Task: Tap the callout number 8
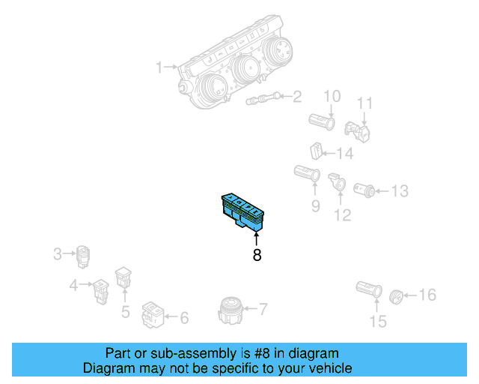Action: click(x=257, y=255)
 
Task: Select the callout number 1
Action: click(x=159, y=68)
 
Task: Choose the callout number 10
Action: click(x=331, y=96)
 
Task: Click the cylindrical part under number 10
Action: click(x=323, y=119)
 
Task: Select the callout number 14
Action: click(x=344, y=154)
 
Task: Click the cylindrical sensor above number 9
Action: click(x=308, y=174)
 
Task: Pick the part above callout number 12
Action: click(x=338, y=181)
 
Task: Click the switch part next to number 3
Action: click(x=83, y=256)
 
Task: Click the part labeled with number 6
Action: click(x=153, y=315)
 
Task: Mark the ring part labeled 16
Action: click(x=397, y=296)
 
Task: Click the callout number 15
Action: click(x=378, y=322)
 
